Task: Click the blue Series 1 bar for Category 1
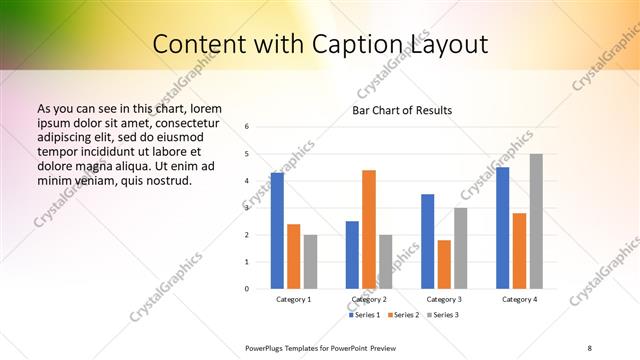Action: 277,231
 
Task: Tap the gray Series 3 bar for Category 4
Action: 536,221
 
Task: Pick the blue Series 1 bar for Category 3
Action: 427,241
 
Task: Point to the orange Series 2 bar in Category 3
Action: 444,264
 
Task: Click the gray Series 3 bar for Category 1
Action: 310,261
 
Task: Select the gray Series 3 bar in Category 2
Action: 386,261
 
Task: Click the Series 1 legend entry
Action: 365,315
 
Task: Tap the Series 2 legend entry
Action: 404,315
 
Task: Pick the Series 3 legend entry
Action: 443,315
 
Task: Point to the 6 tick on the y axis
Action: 247,127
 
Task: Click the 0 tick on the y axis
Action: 247,289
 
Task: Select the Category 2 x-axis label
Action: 369,299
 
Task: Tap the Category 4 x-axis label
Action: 519,299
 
